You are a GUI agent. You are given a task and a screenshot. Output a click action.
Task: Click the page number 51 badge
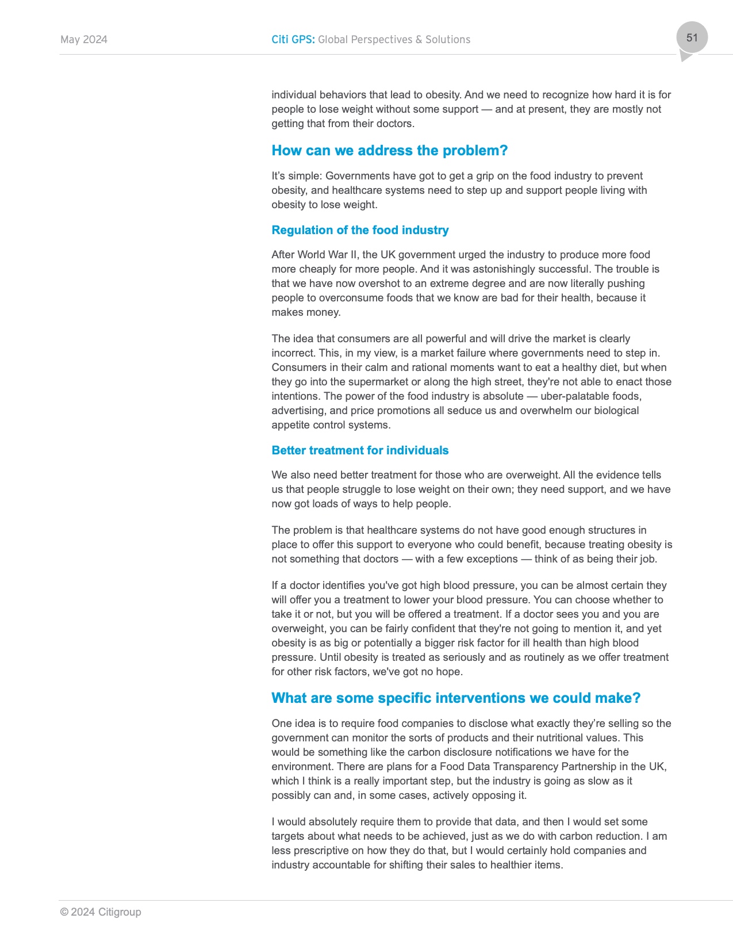692,38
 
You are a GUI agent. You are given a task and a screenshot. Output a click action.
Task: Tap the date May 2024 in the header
84,40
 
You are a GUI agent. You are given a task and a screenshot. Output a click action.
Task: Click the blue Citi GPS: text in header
293,40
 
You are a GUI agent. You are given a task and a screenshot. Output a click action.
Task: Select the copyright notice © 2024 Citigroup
101,912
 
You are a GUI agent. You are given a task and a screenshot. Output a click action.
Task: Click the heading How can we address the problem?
389,151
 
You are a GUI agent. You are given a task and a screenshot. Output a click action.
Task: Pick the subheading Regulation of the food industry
360,230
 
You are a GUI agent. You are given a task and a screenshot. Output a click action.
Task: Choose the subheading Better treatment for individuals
360,450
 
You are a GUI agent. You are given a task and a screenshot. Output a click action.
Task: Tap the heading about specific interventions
455,698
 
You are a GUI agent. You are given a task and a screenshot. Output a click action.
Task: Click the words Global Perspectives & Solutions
394,40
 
